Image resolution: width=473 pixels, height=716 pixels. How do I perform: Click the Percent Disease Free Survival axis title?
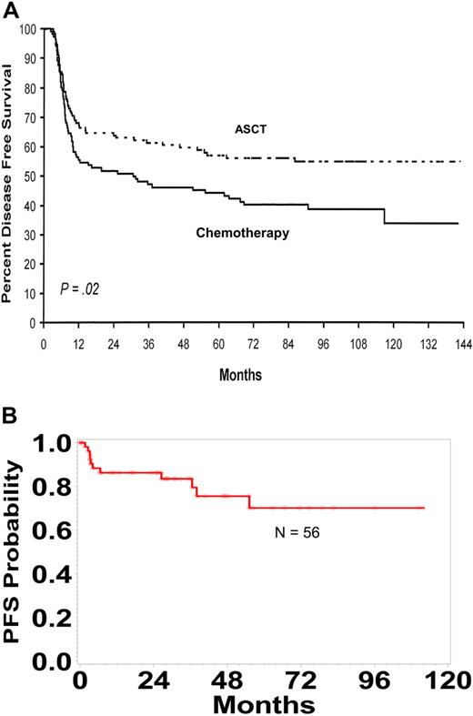point(10,176)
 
